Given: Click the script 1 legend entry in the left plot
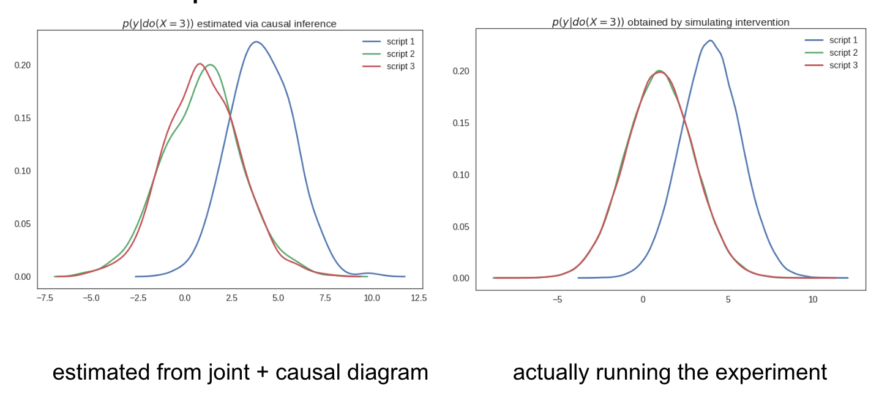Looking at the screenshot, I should [400, 42].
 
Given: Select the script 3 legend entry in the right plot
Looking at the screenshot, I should [843, 65].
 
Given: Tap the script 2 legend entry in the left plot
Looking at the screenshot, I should [400, 54].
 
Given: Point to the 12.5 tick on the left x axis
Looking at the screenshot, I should [419, 298].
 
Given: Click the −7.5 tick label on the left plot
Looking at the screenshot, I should [44, 298].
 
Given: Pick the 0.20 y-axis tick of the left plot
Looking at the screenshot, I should [23, 66].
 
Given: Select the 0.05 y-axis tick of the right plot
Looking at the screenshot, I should [461, 227].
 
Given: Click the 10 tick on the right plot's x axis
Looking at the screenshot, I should [812, 300].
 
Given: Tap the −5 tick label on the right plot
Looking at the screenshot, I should [557, 300].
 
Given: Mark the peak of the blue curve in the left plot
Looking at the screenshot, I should [256, 42].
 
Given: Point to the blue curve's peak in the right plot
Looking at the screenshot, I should [710, 40].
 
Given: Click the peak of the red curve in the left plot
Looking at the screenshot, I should [200, 64].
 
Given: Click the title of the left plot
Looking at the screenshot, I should [230, 24].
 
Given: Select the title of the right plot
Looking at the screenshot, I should [670, 22].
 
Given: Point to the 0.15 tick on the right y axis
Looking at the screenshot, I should [461, 123].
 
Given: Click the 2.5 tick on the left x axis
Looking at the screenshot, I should [231, 298].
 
